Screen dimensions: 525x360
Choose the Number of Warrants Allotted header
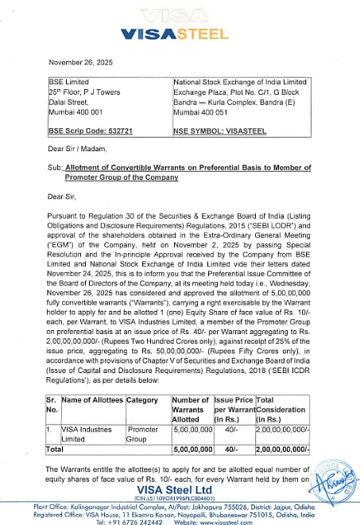191,409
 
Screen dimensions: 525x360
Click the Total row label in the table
57,449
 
